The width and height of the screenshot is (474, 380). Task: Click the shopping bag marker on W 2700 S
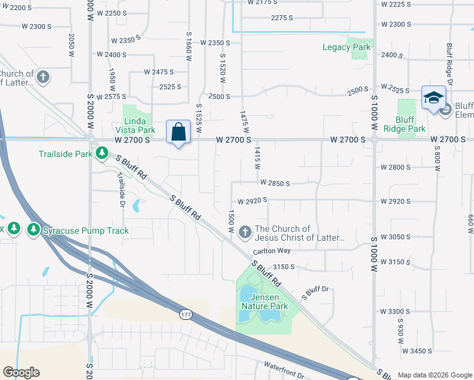(179, 132)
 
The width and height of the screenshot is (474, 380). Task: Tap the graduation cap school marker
(433, 98)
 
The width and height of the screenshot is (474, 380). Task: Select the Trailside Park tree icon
(101, 153)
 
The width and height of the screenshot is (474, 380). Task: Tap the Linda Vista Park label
(138, 125)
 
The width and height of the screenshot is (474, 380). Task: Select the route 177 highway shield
(186, 315)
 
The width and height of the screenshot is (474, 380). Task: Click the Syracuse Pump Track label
(86, 231)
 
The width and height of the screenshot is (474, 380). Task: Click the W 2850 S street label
(274, 183)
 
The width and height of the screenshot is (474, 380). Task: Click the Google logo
(21, 372)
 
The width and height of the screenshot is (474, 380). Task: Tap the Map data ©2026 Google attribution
(434, 375)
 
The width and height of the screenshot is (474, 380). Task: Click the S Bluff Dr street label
(316, 293)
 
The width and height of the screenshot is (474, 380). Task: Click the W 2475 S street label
(158, 72)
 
